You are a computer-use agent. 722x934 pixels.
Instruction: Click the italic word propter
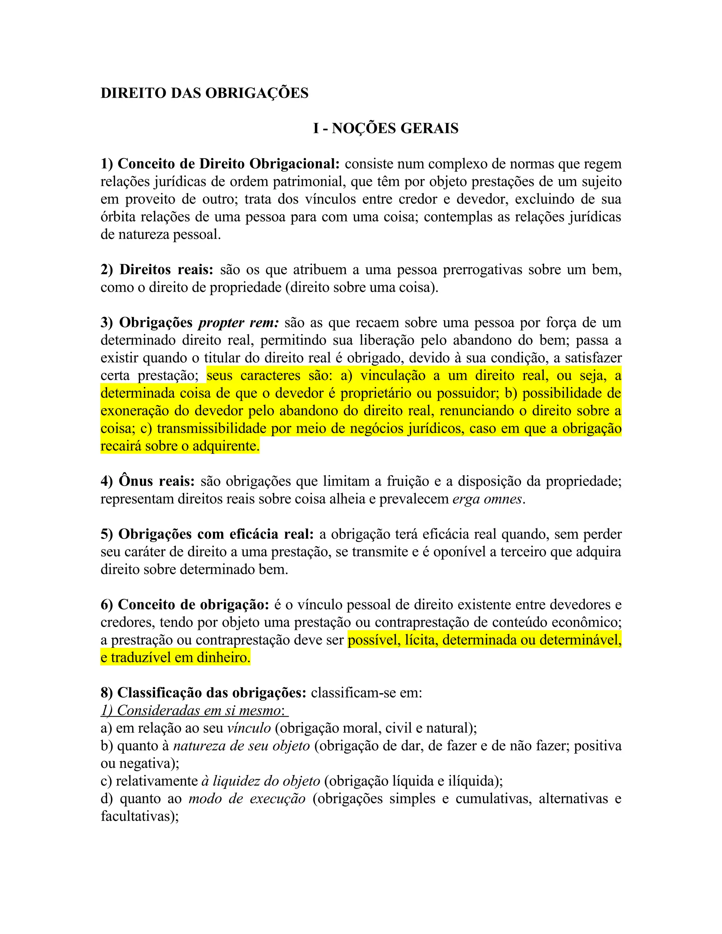point(221,323)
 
